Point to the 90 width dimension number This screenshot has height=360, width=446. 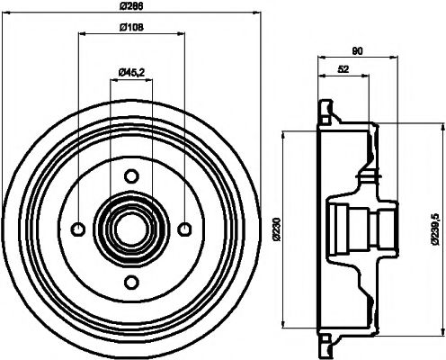pyautogui.click(x=358, y=51)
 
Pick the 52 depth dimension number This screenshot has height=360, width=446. pyautogui.click(x=343, y=69)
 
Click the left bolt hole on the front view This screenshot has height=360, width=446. pyautogui.click(x=78, y=227)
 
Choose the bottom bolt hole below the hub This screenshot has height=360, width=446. pyautogui.click(x=130, y=280)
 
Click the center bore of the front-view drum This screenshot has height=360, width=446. pyautogui.click(x=130, y=227)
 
